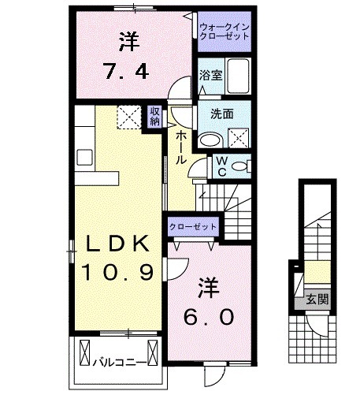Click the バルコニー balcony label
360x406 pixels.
(117, 362)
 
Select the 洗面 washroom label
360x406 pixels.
(221, 113)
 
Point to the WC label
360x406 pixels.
(222, 166)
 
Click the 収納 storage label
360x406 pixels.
(154, 116)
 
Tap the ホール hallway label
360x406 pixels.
(180, 147)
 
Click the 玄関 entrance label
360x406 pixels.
(317, 299)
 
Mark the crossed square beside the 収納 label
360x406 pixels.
(128, 116)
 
